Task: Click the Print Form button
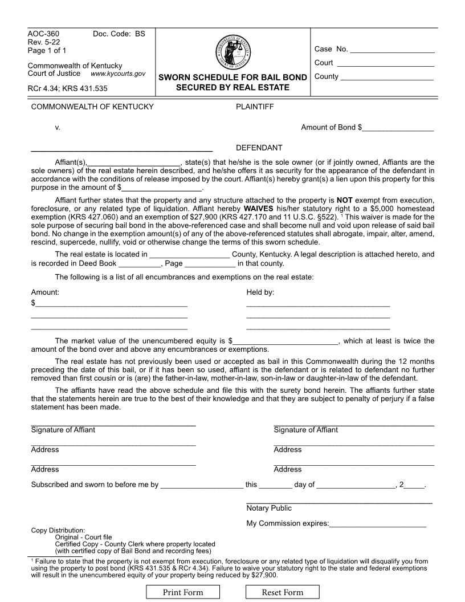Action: [x=183, y=592]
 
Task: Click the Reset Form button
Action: [x=282, y=592]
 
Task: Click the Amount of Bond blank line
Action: [x=398, y=128]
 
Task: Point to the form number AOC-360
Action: [x=43, y=34]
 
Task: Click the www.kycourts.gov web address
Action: [x=118, y=74]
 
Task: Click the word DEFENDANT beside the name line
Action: [x=259, y=148]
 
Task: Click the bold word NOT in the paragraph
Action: [x=345, y=201]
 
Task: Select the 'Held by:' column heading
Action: [x=260, y=292]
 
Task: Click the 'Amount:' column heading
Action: [x=45, y=292]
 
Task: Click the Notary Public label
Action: [x=269, y=508]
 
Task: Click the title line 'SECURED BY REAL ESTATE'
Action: [x=232, y=87]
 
